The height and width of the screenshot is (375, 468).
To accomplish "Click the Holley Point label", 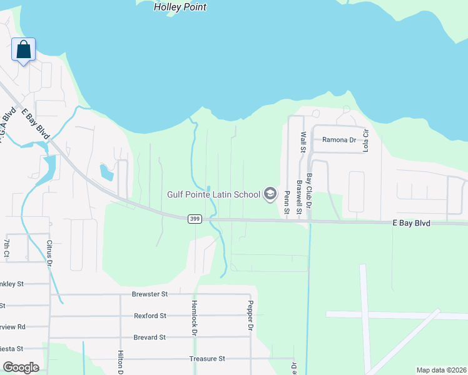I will [x=180, y=7].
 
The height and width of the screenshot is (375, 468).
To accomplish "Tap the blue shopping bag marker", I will [x=23, y=50].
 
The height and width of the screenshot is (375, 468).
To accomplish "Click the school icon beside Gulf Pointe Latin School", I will [x=270, y=194].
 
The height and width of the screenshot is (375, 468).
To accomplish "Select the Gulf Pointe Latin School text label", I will [x=213, y=194].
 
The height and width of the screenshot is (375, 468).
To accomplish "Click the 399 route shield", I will [x=194, y=218].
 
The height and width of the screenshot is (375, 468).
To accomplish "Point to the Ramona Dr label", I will [x=338, y=140].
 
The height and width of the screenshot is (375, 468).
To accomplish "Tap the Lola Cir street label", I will [x=367, y=139].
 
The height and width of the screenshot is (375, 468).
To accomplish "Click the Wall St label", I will [x=303, y=142].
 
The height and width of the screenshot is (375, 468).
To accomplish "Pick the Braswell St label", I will [x=300, y=196].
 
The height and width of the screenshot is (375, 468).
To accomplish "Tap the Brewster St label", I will [x=150, y=294].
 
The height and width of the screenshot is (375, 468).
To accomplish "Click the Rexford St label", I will [x=150, y=316].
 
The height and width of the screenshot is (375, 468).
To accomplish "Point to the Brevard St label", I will [x=150, y=337].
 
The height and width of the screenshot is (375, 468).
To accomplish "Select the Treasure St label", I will [x=207, y=359].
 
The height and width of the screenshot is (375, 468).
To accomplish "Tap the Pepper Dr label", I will [x=249, y=317].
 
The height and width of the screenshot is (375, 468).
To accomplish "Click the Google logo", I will [x=21, y=367].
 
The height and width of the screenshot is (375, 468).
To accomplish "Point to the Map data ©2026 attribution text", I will [x=440, y=370].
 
